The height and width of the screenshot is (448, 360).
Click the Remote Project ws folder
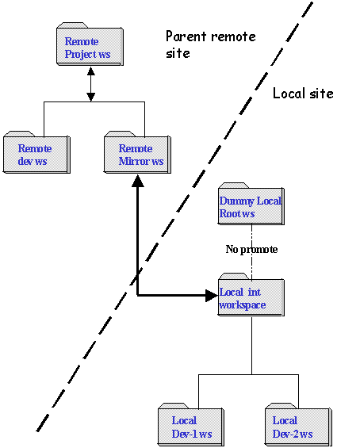[90, 44]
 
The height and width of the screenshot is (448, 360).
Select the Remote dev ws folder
[36, 152]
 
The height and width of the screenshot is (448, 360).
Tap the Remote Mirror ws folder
[137, 152]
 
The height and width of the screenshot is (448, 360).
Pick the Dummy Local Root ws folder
[251, 204]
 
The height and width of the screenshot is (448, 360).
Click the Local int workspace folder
[251, 295]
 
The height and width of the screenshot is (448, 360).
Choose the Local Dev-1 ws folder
[191, 424]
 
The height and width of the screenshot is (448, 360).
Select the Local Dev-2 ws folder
[299, 424]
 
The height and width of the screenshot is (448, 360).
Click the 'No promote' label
[251, 249]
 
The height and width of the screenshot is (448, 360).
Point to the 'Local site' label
[303, 94]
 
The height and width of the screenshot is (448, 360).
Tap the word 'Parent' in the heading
[186, 36]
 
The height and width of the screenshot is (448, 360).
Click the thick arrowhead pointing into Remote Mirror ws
[138, 181]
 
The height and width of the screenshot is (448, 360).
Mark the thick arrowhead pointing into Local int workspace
[212, 296]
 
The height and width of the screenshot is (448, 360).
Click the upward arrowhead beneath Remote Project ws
[91, 71]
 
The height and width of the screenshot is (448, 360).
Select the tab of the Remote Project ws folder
[72, 25]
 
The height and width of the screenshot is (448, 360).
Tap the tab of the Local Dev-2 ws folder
[281, 406]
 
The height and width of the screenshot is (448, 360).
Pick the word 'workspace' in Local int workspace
[243, 305]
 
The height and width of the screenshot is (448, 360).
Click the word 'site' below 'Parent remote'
[178, 53]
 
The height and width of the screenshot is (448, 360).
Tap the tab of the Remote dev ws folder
[19, 134]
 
